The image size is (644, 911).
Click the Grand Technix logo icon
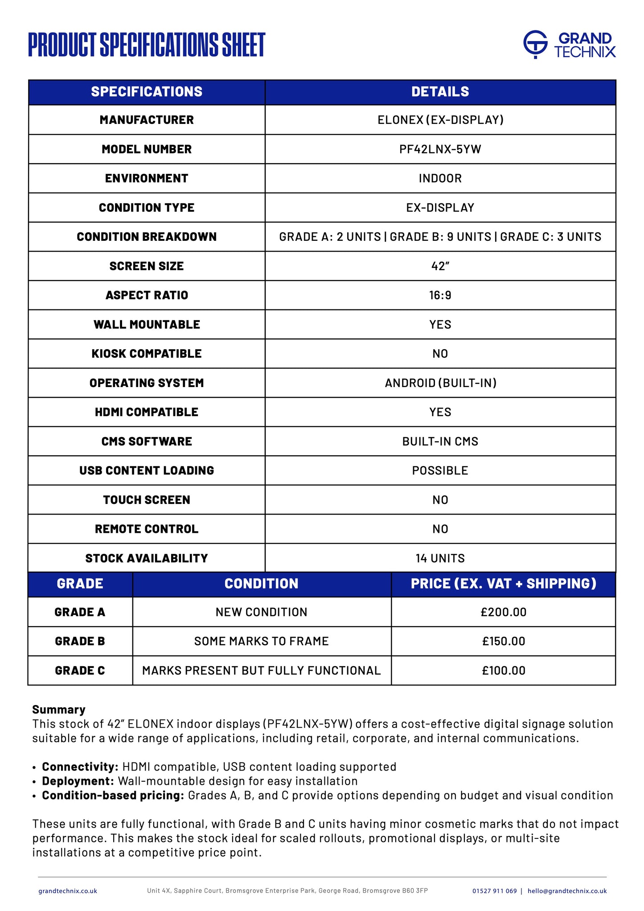[x=535, y=44]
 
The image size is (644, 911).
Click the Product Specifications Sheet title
[x=147, y=45]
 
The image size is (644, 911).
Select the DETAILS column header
[x=440, y=92]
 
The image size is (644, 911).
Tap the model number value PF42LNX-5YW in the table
[x=440, y=149]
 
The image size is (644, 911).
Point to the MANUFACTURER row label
[x=147, y=120]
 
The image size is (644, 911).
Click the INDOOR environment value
[x=440, y=178]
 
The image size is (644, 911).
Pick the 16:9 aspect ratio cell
[x=440, y=295]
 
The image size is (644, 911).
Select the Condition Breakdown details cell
[x=440, y=237]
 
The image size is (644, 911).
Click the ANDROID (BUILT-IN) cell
[x=440, y=383]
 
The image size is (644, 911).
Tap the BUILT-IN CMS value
[x=440, y=441]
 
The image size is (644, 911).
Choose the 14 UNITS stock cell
[x=440, y=558]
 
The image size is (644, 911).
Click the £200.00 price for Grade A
[x=503, y=612]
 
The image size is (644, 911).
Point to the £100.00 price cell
[x=503, y=671]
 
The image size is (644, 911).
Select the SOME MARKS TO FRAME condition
[x=261, y=641]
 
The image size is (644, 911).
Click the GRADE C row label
[x=80, y=671]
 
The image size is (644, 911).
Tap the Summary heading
[x=58, y=709]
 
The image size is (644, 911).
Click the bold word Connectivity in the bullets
[x=80, y=767]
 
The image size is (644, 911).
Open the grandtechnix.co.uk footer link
[x=68, y=891]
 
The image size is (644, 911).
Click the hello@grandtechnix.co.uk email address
[x=567, y=891]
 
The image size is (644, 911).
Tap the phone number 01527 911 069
[x=494, y=891]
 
